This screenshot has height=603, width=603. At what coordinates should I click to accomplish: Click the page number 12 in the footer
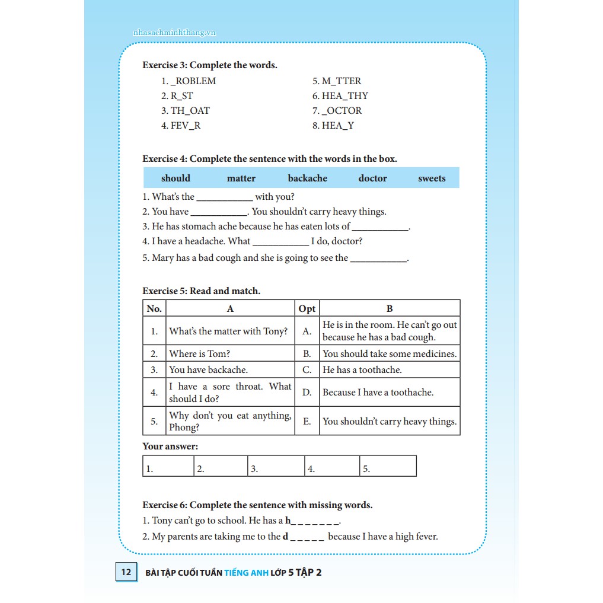tap(126, 572)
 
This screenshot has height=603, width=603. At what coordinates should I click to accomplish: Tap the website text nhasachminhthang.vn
tap(174, 33)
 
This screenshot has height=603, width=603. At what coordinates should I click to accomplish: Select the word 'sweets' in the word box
tap(431, 178)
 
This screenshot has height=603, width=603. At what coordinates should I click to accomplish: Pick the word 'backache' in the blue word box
tap(307, 178)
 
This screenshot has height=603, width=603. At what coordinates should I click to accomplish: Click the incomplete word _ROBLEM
tap(193, 81)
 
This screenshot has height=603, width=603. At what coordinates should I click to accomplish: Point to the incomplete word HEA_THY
tap(344, 96)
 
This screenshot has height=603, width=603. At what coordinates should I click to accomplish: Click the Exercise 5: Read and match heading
tap(201, 291)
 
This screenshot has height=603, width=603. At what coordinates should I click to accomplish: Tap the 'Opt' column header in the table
tap(307, 308)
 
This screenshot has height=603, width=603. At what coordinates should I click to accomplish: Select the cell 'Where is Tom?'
tap(200, 354)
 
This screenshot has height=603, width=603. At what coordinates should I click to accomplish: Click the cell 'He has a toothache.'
tap(362, 370)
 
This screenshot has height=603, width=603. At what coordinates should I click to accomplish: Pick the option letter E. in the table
tap(307, 422)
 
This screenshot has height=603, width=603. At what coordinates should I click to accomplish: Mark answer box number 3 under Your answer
tap(275, 467)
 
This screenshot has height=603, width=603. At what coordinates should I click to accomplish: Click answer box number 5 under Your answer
tap(388, 467)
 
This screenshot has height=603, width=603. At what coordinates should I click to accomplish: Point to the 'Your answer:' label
tap(170, 446)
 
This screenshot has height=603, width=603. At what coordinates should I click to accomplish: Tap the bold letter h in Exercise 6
tap(288, 521)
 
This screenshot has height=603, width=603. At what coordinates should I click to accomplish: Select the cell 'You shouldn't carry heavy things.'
tap(390, 422)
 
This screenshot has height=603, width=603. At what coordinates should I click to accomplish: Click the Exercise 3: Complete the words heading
tap(210, 65)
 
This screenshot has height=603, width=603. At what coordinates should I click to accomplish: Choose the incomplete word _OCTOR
tap(342, 111)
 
